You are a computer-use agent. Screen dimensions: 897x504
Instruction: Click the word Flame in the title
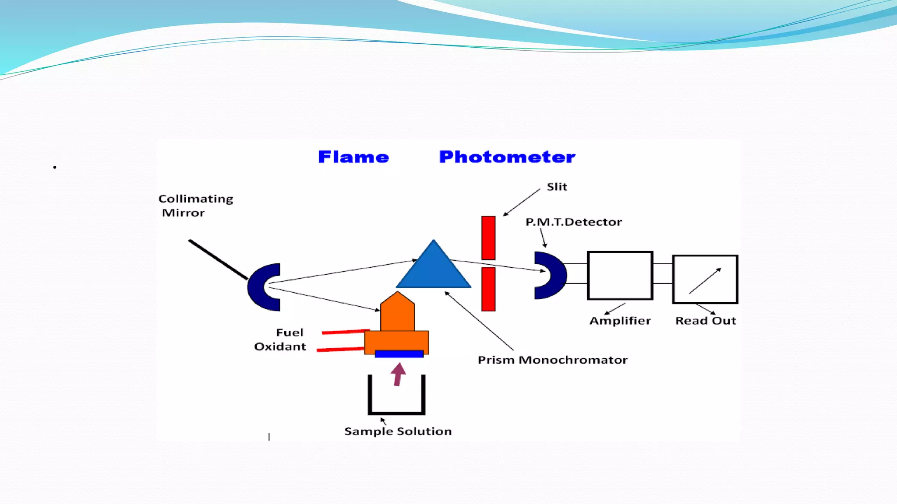pyautogui.click(x=353, y=157)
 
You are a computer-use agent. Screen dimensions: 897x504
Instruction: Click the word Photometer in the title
pyautogui.click(x=507, y=157)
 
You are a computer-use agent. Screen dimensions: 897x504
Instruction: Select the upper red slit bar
pyautogui.click(x=488, y=238)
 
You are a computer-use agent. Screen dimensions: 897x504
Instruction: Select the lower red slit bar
pyautogui.click(x=488, y=289)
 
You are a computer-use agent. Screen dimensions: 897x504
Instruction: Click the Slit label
pyautogui.click(x=557, y=187)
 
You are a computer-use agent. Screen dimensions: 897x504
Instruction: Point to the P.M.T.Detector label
pyautogui.click(x=574, y=222)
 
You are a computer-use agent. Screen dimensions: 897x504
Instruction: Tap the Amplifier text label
pyautogui.click(x=620, y=321)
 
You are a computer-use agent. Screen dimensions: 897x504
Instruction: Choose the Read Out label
pyautogui.click(x=706, y=321)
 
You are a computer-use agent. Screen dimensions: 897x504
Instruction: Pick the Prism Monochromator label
pyautogui.click(x=553, y=360)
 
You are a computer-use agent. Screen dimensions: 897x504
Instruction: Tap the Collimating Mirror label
pyautogui.click(x=196, y=206)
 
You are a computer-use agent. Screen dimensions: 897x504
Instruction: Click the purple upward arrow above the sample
pyautogui.click(x=398, y=374)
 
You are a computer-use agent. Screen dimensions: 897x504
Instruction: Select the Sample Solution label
pyautogui.click(x=398, y=431)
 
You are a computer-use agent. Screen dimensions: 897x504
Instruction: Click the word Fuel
pyautogui.click(x=290, y=332)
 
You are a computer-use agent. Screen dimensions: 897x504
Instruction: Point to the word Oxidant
pyautogui.click(x=280, y=346)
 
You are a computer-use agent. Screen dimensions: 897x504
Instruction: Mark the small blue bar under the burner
pyautogui.click(x=399, y=354)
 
